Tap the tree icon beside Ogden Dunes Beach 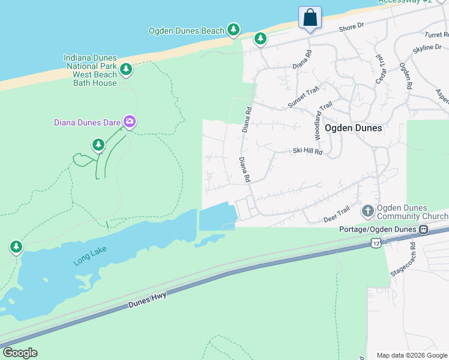point(234,29)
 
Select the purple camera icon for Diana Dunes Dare point(130,122)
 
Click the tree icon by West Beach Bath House point(126,69)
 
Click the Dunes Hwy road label point(147,299)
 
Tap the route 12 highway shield point(376,243)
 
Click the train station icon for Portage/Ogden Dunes point(423,229)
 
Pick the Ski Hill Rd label point(307,152)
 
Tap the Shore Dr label point(352,26)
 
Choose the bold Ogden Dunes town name point(353,128)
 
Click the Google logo point(20,353)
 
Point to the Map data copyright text point(411,355)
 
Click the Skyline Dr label point(427,47)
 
